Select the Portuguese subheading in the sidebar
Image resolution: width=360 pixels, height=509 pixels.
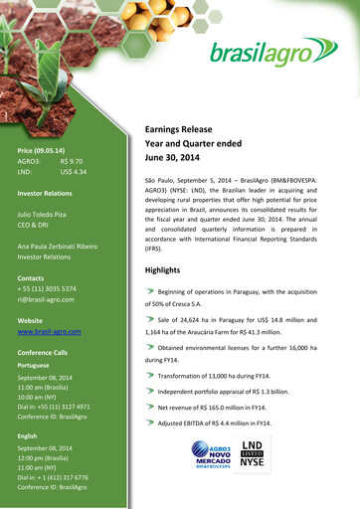[x=34, y=365]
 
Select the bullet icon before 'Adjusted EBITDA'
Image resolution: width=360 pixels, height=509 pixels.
[x=150, y=423]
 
